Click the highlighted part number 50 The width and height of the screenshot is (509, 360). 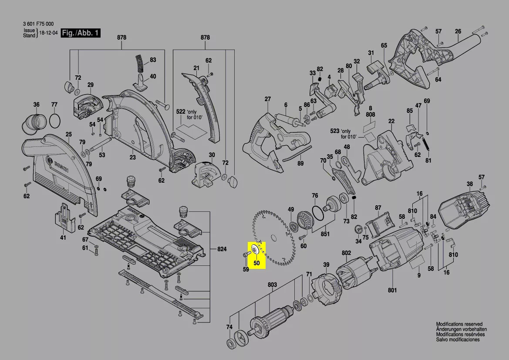pyautogui.click(x=256, y=263)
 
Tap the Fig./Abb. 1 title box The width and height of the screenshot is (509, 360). pyautogui.click(x=81, y=33)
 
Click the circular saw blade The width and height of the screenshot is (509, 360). pyautogui.click(x=273, y=238)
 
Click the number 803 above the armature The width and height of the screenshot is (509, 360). pyautogui.click(x=272, y=285)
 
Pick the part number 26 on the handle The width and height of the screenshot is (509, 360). pyautogui.click(x=458, y=31)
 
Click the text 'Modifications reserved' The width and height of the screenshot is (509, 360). pyautogui.click(x=459, y=324)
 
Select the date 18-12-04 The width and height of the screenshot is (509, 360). pyautogui.click(x=48, y=33)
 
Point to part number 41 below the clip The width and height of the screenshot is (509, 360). pyautogui.click(x=63, y=238)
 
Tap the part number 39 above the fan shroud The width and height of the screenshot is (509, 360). pyautogui.click(x=326, y=265)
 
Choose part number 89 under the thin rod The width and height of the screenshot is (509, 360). pyautogui.click(x=300, y=163)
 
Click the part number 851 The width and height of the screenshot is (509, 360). pyautogui.click(x=325, y=234)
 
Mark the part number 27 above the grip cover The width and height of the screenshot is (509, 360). pyautogui.click(x=267, y=99)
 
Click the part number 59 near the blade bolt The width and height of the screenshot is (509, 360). pyautogui.click(x=246, y=270)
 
